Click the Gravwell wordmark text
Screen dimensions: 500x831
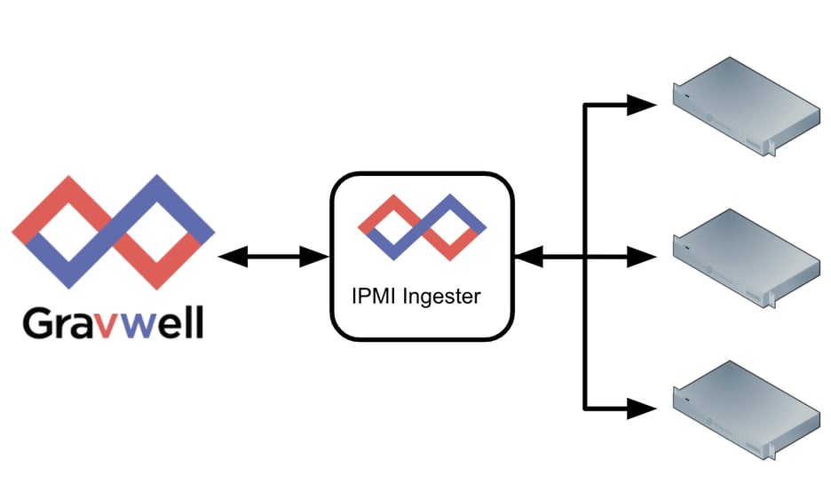coord(113,322)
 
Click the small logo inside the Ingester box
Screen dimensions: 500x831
coord(422,227)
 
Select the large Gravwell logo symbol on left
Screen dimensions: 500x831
coord(113,232)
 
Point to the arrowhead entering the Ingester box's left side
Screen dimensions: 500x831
coord(315,258)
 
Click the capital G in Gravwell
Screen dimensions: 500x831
coord(40,322)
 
